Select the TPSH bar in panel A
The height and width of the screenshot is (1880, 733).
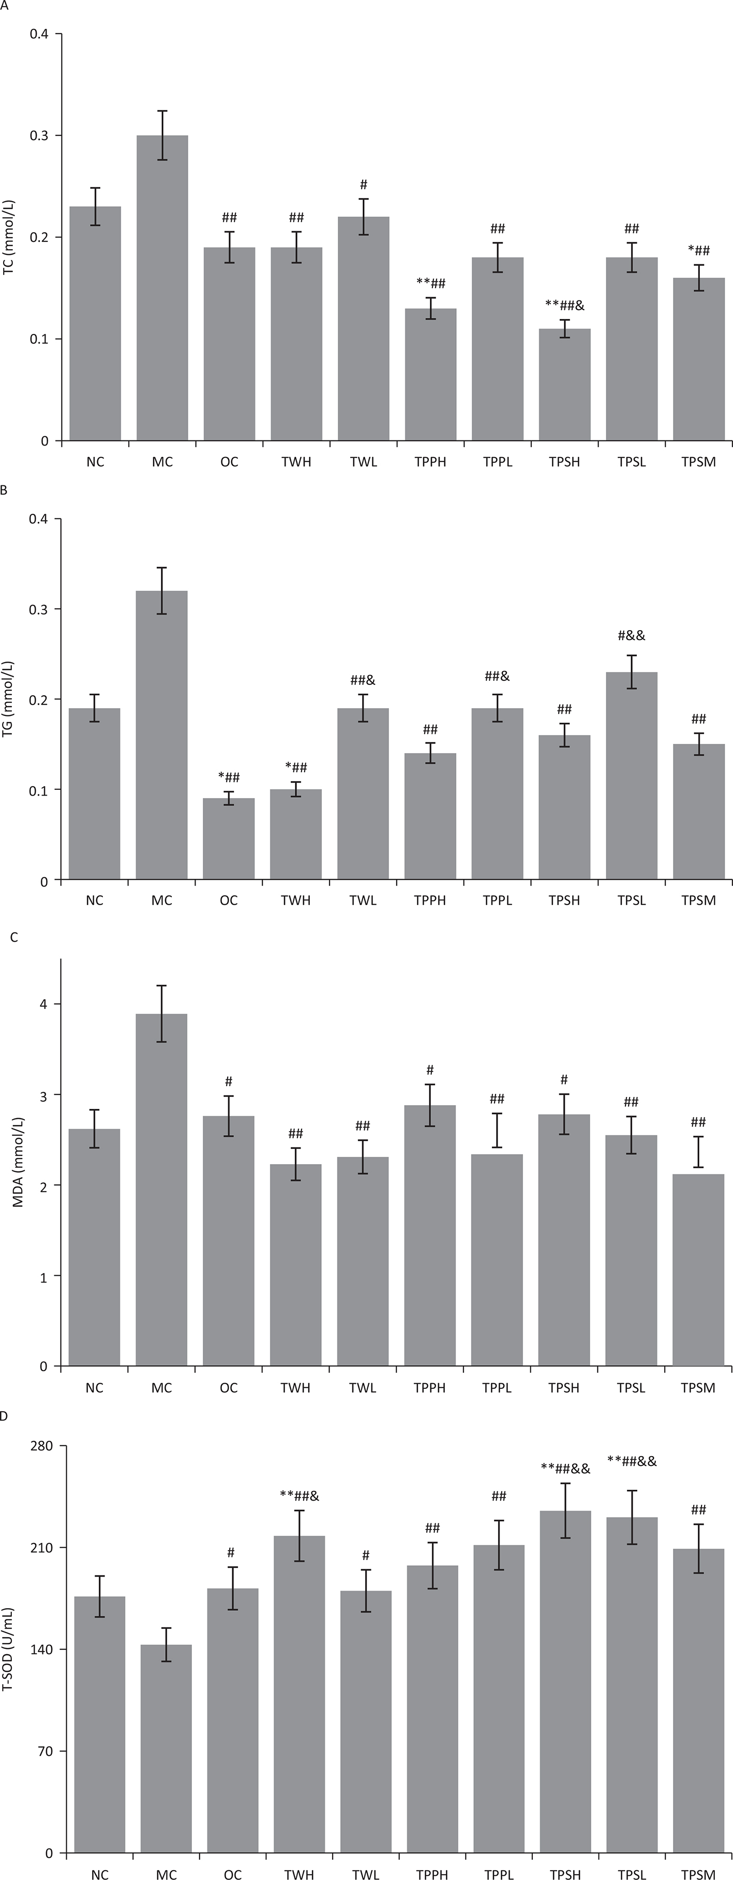click(564, 385)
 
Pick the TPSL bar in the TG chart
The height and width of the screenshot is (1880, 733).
click(632, 775)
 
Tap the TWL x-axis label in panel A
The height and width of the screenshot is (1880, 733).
click(363, 462)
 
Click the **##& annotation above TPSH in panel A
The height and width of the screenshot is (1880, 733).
click(564, 304)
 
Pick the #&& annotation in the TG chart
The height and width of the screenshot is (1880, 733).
click(632, 636)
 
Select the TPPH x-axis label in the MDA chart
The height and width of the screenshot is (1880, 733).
click(429, 1387)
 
